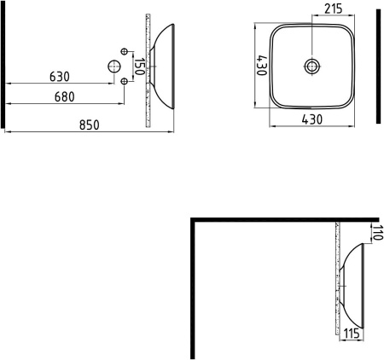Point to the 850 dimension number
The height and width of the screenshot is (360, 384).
89,125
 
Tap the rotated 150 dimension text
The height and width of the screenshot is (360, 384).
139,65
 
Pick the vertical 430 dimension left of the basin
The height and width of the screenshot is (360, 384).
258,66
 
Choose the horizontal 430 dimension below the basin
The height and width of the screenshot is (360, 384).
312,120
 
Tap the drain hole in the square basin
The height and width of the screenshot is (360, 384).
313,65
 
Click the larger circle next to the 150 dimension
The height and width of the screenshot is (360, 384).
112,66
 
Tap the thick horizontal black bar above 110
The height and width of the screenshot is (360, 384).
282,219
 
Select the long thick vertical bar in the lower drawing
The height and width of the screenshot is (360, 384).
193,290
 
